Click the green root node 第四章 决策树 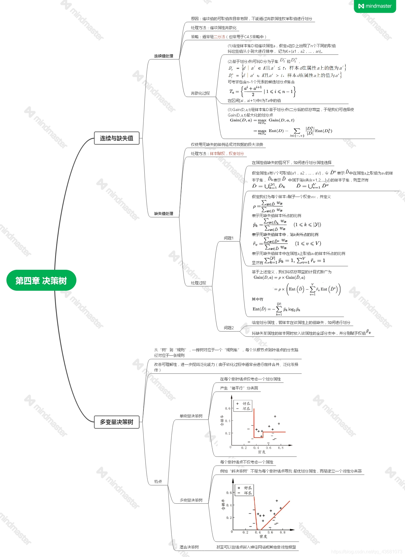[41, 281]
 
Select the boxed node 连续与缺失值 [117, 138]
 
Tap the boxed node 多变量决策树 [117, 422]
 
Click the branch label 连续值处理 [164, 56]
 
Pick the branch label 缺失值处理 [164, 214]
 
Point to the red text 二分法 [220, 37]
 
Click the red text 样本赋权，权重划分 [227, 154]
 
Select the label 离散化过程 [200, 93]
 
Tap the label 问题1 [229, 238]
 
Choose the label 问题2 [229, 328]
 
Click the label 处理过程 [198, 283]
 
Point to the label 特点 [158, 482]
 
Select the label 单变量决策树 [191, 416]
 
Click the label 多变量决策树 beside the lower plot [191, 500]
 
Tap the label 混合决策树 [189, 547]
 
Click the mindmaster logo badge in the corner [375, 6]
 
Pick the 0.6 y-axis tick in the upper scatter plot [227, 408]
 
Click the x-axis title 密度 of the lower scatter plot [263, 536]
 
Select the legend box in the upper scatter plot [243, 406]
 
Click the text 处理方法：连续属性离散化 [214, 28]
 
